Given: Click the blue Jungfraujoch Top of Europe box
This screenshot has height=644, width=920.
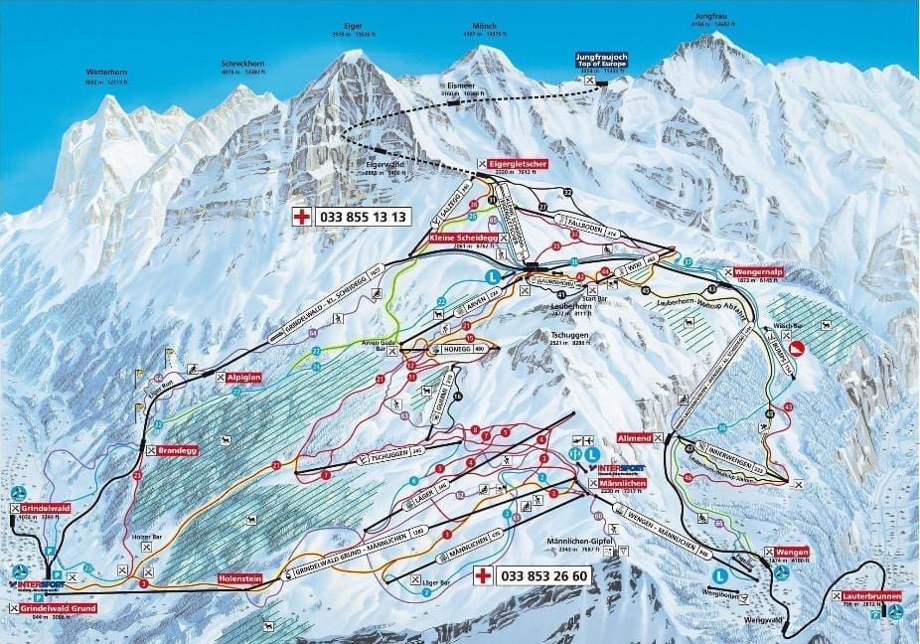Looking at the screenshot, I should tap(603, 61).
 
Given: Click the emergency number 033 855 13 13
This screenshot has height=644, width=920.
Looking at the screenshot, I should tap(361, 216).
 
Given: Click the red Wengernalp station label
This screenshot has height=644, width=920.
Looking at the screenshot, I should tap(761, 271).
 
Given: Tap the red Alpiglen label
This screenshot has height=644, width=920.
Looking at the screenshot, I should tap(243, 378).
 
